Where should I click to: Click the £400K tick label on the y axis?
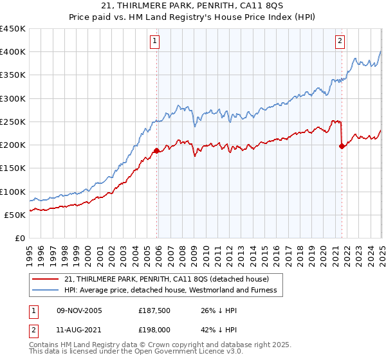pyautogui.click(x=13, y=52)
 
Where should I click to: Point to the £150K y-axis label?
pyautogui.click(x=13, y=168)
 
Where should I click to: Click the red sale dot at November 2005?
pyautogui.click(x=156, y=151)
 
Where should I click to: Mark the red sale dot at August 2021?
pyautogui.click(x=342, y=146)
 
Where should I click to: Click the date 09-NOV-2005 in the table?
pyautogui.click(x=79, y=310)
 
